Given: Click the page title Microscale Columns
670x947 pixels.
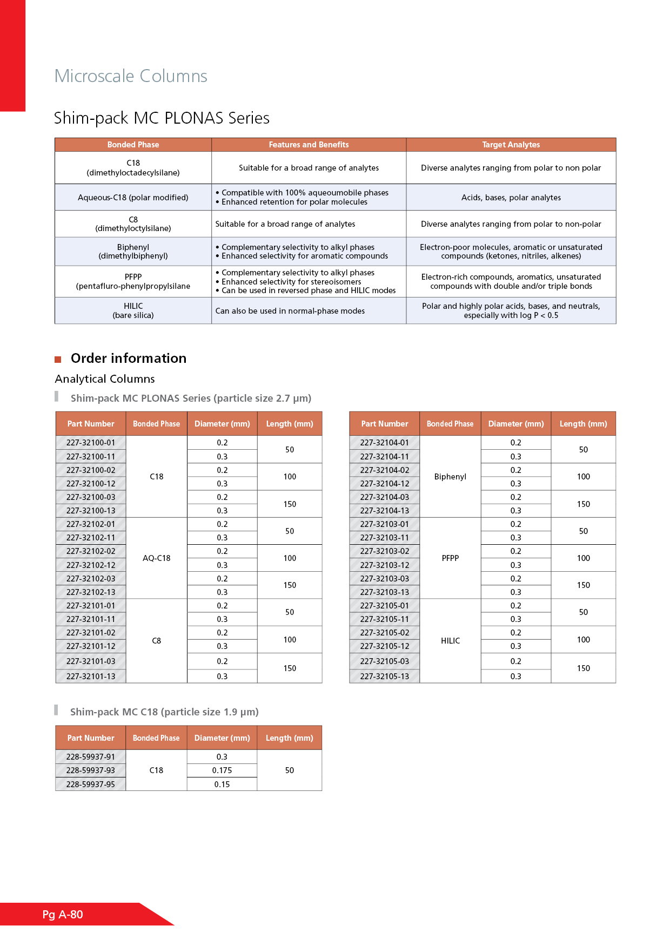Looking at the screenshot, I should (131, 76).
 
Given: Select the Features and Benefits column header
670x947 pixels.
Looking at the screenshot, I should (309, 145).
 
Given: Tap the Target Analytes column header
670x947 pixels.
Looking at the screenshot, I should (511, 145).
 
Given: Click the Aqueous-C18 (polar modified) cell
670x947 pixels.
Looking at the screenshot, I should (133, 198).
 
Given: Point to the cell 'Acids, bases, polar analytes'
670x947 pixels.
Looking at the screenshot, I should (511, 198).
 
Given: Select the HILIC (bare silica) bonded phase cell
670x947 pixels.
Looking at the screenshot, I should (133, 310).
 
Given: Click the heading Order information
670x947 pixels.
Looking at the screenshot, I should (129, 358).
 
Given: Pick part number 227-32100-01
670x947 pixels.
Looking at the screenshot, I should (91, 443).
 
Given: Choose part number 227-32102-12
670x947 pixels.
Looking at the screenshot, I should (91, 565).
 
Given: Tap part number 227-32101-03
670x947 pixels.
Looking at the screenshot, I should (91, 661).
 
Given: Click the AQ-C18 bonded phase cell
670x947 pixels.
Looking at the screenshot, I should (157, 558).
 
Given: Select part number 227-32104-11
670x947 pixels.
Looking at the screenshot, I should (385, 457).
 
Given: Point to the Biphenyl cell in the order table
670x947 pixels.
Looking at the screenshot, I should (450, 477).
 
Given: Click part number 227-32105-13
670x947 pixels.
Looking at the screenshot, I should (385, 677).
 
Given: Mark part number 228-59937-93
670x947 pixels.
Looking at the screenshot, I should (91, 770).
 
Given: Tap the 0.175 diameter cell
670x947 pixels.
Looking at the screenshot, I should (222, 770).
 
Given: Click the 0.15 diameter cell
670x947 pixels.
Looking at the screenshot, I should (222, 784).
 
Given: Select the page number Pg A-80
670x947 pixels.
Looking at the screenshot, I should (63, 915).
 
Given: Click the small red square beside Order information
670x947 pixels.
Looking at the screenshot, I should (58, 360).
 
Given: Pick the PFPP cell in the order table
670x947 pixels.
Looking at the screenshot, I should (450, 558).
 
